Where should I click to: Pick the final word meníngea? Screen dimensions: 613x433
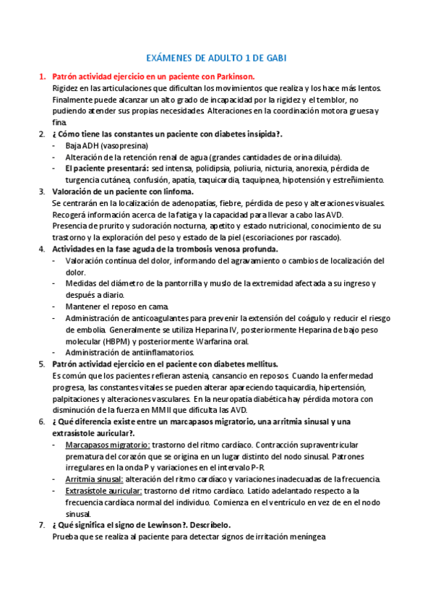[x=306, y=537]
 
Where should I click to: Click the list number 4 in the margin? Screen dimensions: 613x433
[x=41, y=249]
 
